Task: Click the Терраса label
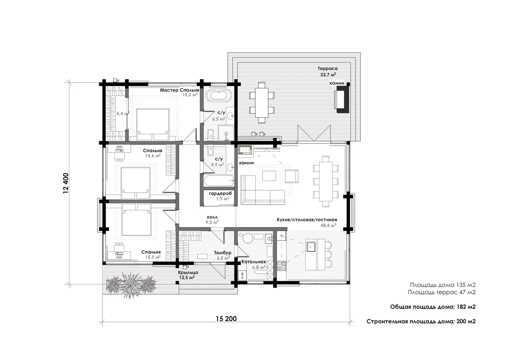[327, 68]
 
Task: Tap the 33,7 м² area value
[328, 74]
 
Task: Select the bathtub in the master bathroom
[218, 95]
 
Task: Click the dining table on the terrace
[262, 103]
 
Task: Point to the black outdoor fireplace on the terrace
[342, 98]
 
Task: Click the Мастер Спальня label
[179, 90]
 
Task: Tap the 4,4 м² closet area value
[123, 113]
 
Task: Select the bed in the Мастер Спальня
[153, 125]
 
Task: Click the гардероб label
[220, 193]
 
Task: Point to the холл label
[212, 217]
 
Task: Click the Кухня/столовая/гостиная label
[307, 220]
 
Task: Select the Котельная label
[254, 262]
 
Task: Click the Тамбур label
[222, 253]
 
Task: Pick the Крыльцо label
[188, 273]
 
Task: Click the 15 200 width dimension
[226, 319]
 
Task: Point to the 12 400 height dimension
[66, 183]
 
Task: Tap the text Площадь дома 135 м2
[443, 285]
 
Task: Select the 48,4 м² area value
[328, 225]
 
